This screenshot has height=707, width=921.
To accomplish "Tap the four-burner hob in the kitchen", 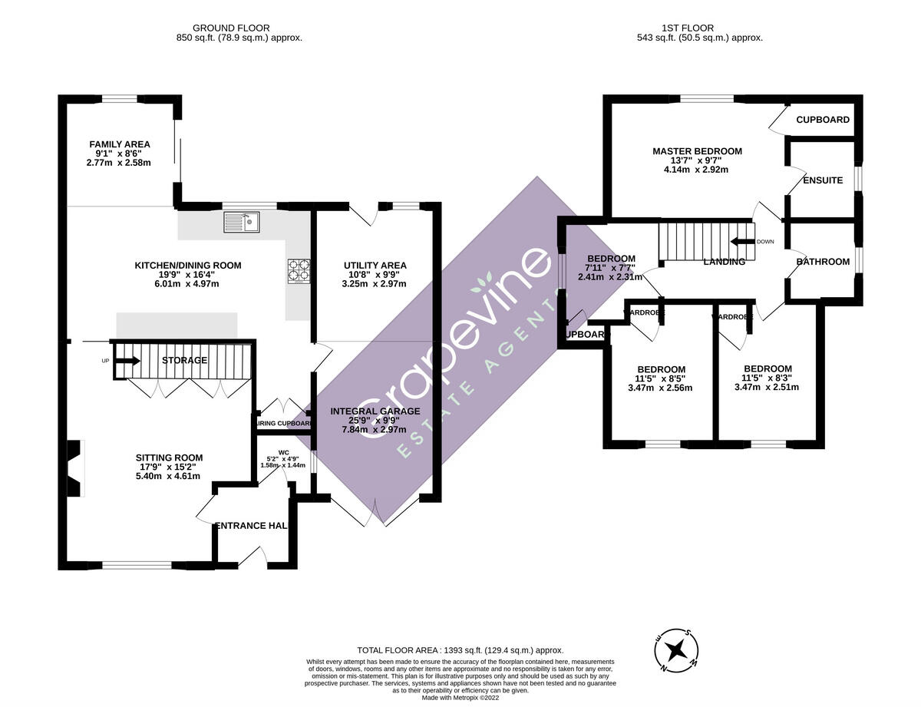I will [x=299, y=271].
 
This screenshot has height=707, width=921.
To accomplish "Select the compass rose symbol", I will [x=676, y=649].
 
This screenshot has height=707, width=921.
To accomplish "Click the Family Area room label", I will [x=119, y=144].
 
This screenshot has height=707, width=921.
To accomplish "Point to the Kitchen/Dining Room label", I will [x=188, y=266].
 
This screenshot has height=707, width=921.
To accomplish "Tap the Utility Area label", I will [x=375, y=266].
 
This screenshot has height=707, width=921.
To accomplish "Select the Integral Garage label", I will [x=375, y=411].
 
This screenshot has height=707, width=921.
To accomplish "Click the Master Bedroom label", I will [x=697, y=151].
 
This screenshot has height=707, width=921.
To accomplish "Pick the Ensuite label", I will [x=823, y=181].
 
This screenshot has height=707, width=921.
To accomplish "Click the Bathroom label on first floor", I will [x=823, y=262].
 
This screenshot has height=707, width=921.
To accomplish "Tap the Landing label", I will [x=724, y=262].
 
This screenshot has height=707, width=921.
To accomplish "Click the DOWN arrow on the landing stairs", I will [x=741, y=242].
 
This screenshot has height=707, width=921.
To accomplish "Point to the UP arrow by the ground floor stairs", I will [x=126, y=361].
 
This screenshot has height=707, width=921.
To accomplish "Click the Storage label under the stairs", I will [x=184, y=361].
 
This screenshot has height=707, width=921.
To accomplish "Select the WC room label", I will [x=283, y=453].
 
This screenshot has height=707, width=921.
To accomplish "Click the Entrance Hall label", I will [x=252, y=526].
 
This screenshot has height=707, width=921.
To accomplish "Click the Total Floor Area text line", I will [x=460, y=649].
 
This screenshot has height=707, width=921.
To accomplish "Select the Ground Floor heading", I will [x=239, y=28].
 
